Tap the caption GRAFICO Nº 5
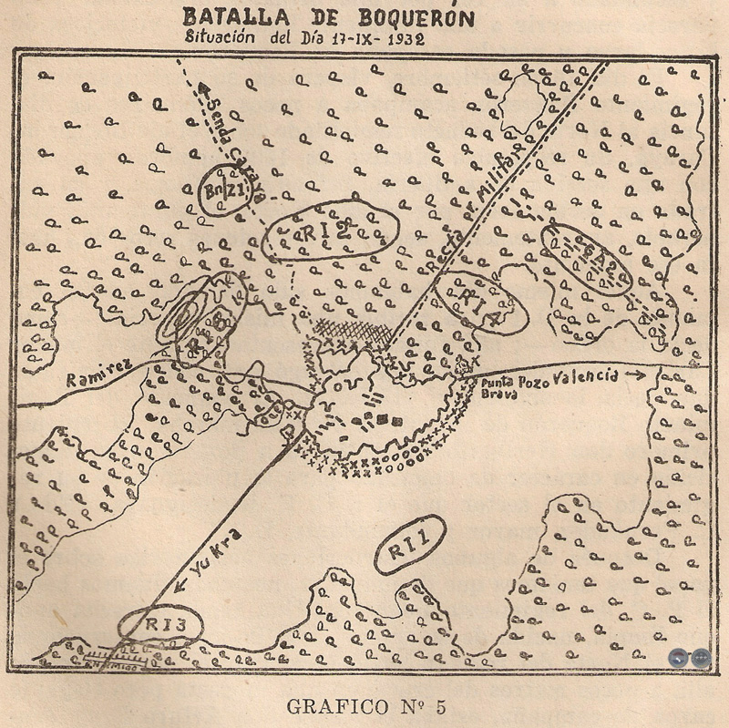point(365,706)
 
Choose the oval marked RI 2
point(331,231)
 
